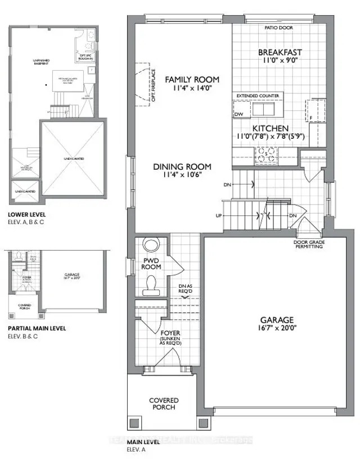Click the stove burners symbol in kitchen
(x=267, y=151)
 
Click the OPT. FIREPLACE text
(x=153, y=85)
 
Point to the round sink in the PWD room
(x=151, y=246)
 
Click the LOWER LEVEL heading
(x=28, y=214)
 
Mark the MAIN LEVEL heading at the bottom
(x=144, y=442)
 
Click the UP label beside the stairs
(x=218, y=216)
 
